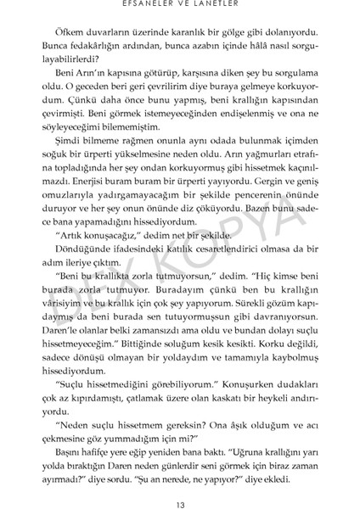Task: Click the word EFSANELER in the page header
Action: (x=153, y=4)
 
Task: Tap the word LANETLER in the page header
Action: (x=212, y=4)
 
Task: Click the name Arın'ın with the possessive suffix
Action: (x=89, y=76)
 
